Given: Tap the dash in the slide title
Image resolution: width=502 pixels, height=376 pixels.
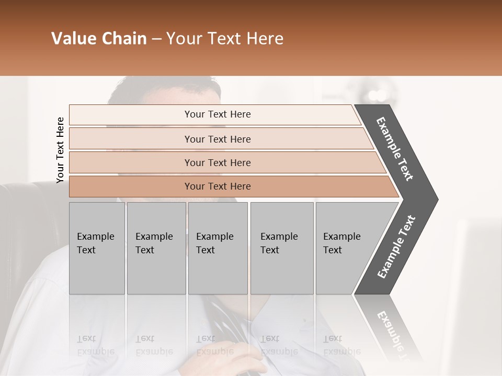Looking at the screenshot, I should tap(156, 39).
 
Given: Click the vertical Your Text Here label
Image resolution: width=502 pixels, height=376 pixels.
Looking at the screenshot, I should tap(60, 150).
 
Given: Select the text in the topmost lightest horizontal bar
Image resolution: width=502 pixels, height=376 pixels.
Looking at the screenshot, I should tap(218, 114).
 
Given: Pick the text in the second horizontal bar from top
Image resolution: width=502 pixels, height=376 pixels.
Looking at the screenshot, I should tap(218, 139).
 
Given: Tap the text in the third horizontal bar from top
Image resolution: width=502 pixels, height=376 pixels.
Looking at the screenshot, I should tap(218, 163).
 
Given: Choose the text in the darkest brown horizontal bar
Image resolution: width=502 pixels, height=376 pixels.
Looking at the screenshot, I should tap(218, 186).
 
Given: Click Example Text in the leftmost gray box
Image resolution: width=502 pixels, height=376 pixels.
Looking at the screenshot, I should tap(95, 243).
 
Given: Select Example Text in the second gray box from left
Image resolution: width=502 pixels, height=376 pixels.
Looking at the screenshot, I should tap(154, 243).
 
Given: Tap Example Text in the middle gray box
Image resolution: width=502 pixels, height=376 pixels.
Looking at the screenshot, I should tap(214, 243).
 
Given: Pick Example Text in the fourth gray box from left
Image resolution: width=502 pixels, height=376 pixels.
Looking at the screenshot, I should tap(279, 243).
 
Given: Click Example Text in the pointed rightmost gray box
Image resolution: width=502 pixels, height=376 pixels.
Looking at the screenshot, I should tap(341, 243).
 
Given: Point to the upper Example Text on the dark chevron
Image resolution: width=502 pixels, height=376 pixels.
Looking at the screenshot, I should tap(395, 149).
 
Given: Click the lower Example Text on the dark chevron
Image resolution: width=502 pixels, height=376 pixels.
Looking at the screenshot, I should tap(396, 247).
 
